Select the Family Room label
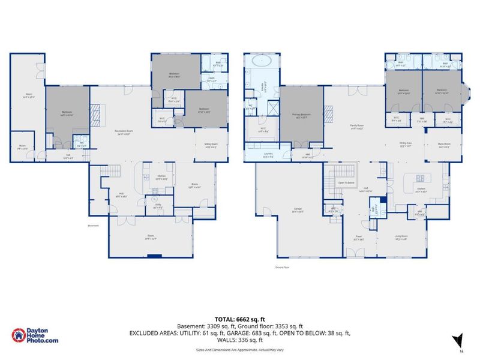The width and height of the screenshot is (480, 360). (x=358, y=127)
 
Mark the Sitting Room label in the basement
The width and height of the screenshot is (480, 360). (x=211, y=146)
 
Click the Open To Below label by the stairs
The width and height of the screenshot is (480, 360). (x=346, y=182)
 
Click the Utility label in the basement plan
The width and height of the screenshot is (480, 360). (x=157, y=205)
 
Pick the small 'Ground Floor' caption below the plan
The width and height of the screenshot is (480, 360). (x=283, y=266)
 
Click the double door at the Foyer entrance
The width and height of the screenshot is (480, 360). (x=356, y=256)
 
